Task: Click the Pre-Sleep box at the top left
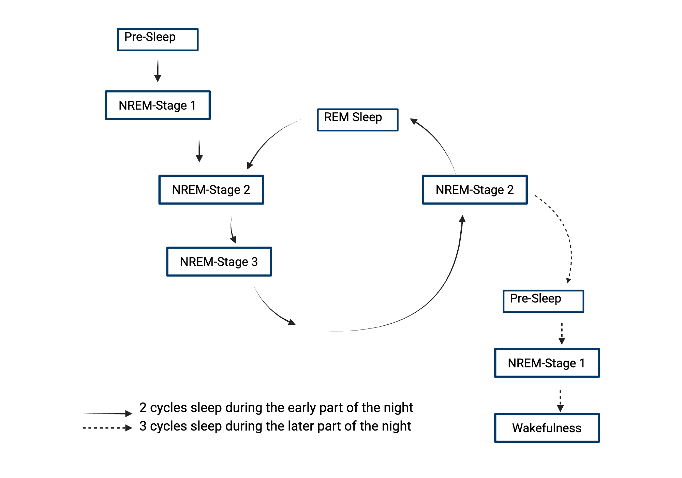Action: [x=158, y=40]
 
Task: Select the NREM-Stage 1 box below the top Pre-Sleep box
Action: [x=158, y=105]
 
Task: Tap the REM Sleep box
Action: [x=357, y=120]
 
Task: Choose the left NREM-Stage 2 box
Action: [x=211, y=190]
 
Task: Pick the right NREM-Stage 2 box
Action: [x=475, y=190]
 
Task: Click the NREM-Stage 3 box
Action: [x=219, y=262]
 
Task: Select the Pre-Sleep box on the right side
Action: [x=543, y=301]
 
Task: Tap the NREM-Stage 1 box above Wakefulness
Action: [x=547, y=363]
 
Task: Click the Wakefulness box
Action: [x=547, y=428]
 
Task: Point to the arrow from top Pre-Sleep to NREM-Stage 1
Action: [x=158, y=71]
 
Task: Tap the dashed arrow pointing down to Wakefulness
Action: [x=560, y=401]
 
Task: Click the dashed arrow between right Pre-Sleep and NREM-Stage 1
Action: [x=562, y=333]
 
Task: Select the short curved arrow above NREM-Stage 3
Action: [x=232, y=230]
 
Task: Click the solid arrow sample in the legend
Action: [x=107, y=414]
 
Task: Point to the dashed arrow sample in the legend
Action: [x=107, y=428]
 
